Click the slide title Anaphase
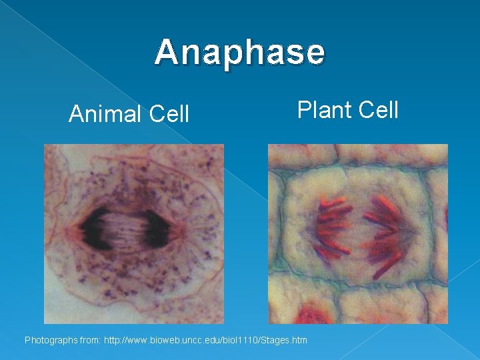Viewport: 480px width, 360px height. click(240, 52)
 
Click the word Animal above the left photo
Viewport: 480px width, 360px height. click(106, 115)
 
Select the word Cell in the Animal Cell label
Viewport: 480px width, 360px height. click(169, 115)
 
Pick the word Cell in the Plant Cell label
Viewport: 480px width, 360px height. click(378, 109)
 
